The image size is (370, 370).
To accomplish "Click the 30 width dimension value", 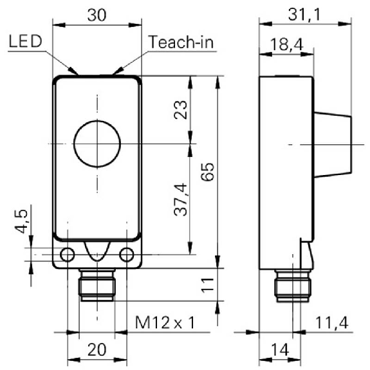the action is [97, 15].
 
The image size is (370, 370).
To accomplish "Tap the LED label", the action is [26, 41].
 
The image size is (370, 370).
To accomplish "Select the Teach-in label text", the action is [181, 42].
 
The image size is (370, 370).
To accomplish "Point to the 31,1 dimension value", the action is [304, 15].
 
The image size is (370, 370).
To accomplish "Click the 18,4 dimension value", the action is [286, 44].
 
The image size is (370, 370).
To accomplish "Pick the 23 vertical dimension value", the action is [180, 110].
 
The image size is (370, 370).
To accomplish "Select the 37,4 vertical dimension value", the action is [181, 199].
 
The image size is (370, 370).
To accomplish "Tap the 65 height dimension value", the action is [208, 172].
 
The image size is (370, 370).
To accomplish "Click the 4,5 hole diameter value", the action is [21, 221].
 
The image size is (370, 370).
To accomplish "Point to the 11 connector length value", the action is [207, 285].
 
